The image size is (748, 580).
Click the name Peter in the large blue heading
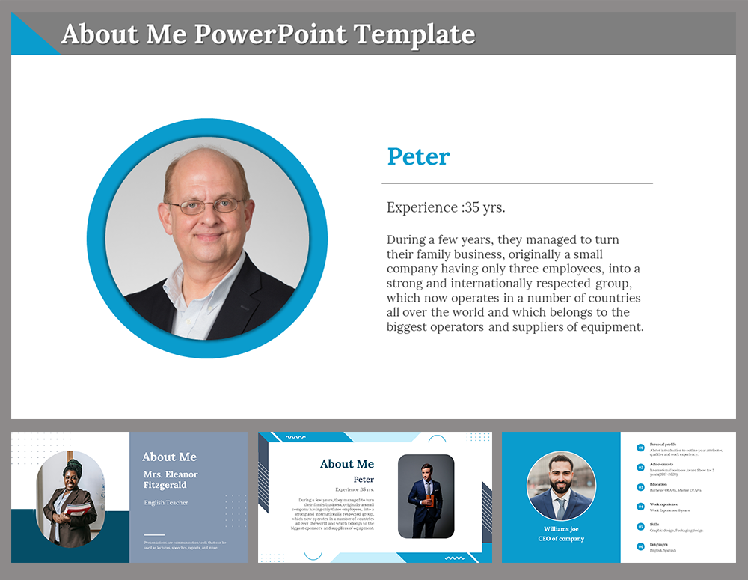pyautogui.click(x=418, y=157)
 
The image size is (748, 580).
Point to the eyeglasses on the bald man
pyautogui.click(x=206, y=205)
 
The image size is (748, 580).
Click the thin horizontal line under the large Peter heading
pyautogui.click(x=517, y=183)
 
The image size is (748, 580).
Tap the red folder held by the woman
pyautogui.click(x=77, y=510)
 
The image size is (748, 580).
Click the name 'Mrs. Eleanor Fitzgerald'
pyautogui.click(x=171, y=480)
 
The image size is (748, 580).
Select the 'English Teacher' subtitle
pyautogui.click(x=166, y=503)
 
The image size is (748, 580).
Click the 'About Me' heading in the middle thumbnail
pyautogui.click(x=347, y=464)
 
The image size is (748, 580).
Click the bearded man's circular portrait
pyautogui.click(x=561, y=486)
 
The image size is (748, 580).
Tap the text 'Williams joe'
pyautogui.click(x=561, y=528)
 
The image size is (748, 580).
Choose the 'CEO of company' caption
pyautogui.click(x=561, y=539)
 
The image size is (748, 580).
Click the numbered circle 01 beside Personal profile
pyautogui.click(x=640, y=448)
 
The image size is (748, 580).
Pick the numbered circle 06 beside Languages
pyautogui.click(x=640, y=546)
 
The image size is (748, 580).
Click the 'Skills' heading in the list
pyautogui.click(x=655, y=525)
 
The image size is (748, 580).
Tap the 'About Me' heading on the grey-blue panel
pyautogui.click(x=170, y=457)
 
